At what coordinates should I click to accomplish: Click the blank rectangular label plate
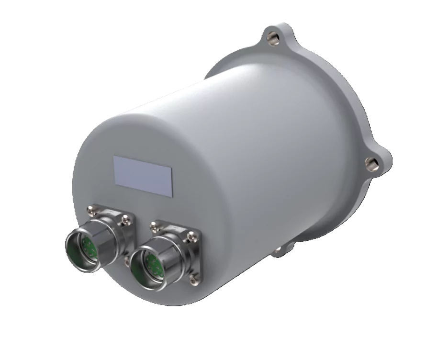coord(143,176)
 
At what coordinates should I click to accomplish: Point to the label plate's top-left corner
coord(114,156)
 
